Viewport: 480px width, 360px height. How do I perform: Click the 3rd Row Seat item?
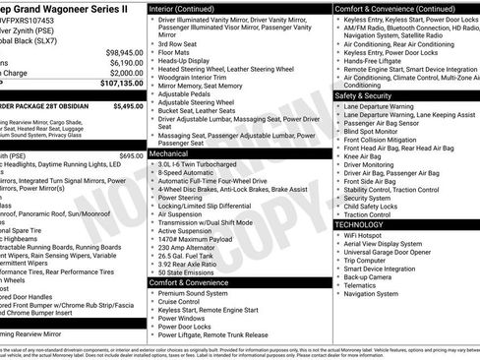coord(178,44)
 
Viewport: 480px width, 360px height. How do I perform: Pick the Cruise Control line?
coord(184,301)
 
